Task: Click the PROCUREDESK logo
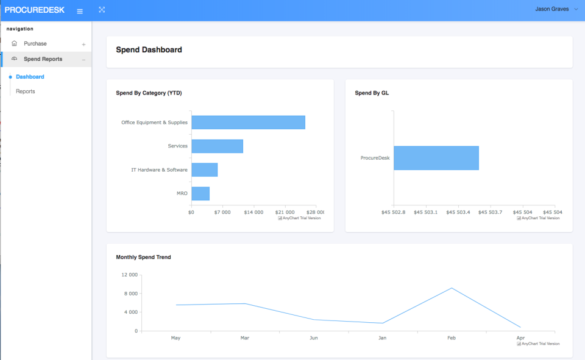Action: (x=34, y=10)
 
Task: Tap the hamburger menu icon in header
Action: (x=80, y=11)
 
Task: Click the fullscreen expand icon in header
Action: (x=102, y=10)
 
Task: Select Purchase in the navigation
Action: (x=35, y=44)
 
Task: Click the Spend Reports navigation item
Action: (x=43, y=59)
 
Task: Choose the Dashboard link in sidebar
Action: (x=30, y=77)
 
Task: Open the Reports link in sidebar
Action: (x=26, y=91)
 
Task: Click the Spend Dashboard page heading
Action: (x=149, y=50)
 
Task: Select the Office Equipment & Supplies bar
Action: (x=248, y=122)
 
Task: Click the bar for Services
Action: (x=217, y=146)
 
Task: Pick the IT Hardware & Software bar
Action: (x=204, y=170)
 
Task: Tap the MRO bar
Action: (x=200, y=194)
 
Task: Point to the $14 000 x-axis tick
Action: (x=253, y=213)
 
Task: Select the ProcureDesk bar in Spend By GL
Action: (x=436, y=158)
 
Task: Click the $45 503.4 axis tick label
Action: (x=458, y=213)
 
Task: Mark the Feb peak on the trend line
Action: (x=452, y=288)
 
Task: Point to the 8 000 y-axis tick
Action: (x=129, y=294)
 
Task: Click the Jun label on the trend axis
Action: (x=313, y=337)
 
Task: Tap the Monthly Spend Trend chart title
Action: (x=143, y=257)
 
